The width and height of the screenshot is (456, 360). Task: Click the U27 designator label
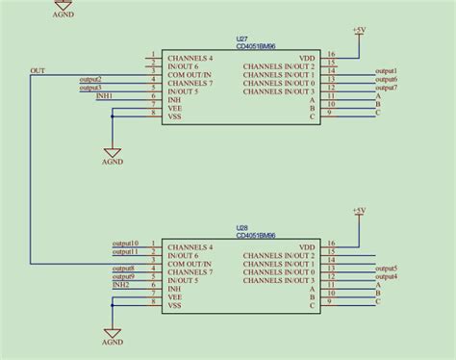pyautogui.click(x=241, y=39)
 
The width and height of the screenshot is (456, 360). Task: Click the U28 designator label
pyautogui.click(x=241, y=228)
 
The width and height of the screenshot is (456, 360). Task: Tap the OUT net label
pyautogui.click(x=38, y=70)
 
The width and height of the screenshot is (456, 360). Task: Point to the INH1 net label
pyautogui.click(x=104, y=96)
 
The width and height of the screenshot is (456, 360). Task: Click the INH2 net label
pyautogui.click(x=120, y=284)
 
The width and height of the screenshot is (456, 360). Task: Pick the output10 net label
pyautogui.click(x=125, y=244)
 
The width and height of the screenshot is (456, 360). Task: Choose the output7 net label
pyautogui.click(x=387, y=88)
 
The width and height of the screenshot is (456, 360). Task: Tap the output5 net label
pyautogui.click(x=387, y=268)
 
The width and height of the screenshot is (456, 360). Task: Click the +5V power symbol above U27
pyautogui.click(x=358, y=31)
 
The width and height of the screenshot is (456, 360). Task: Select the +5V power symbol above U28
pyautogui.click(x=358, y=211)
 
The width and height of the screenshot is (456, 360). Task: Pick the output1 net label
pyautogui.click(x=387, y=71)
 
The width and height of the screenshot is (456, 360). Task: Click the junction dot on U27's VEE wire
pyautogui.click(x=113, y=114)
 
